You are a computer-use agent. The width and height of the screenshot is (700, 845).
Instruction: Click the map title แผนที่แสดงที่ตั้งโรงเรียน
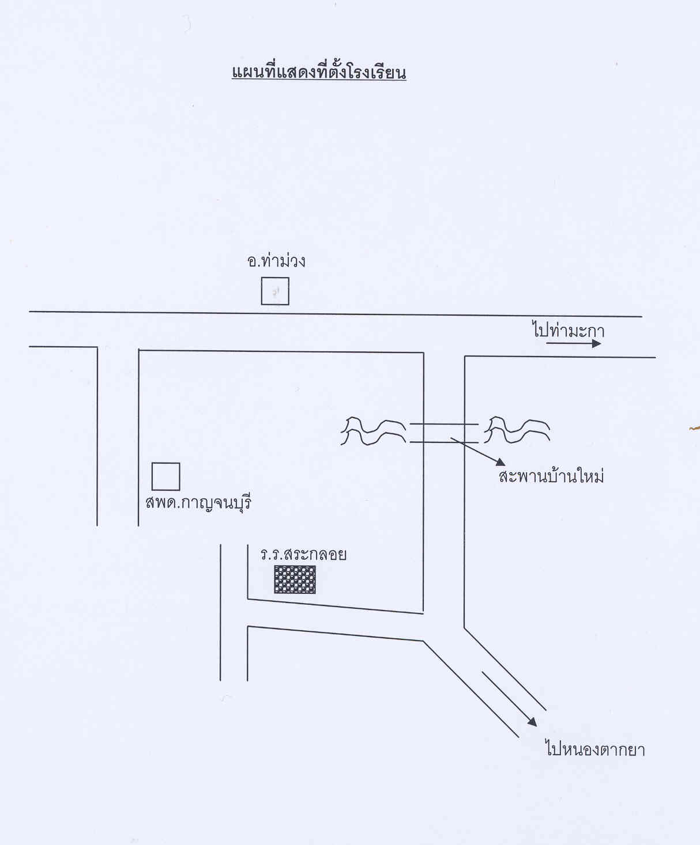[x=319, y=73]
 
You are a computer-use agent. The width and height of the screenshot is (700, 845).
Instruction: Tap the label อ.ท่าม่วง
[x=276, y=261]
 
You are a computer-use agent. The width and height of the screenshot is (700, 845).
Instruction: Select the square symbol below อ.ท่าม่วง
[x=275, y=291]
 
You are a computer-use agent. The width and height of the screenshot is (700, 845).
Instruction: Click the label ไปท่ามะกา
[x=568, y=331]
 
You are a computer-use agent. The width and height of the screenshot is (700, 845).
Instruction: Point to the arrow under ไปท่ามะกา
[x=574, y=344]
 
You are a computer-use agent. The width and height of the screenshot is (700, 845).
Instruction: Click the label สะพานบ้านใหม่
[x=551, y=477]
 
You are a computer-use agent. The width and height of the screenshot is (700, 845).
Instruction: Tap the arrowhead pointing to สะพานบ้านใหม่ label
[x=500, y=462]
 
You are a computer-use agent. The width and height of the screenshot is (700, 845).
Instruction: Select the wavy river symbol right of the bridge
[x=517, y=430]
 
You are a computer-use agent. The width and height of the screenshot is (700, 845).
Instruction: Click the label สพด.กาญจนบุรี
[x=198, y=502]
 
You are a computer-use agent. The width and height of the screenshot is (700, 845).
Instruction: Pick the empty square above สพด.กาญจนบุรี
[x=165, y=476]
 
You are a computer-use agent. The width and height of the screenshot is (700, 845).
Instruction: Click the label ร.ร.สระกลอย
[x=303, y=555]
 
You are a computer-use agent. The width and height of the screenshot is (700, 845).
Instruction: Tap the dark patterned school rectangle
[x=295, y=579]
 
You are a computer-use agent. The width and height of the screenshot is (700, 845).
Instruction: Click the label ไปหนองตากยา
[x=595, y=749]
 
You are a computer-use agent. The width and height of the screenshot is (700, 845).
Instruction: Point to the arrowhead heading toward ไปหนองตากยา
[x=531, y=721]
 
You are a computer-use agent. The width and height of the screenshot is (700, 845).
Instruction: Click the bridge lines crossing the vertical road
[x=444, y=433]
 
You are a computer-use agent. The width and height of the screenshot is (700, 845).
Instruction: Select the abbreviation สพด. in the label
[x=162, y=502]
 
